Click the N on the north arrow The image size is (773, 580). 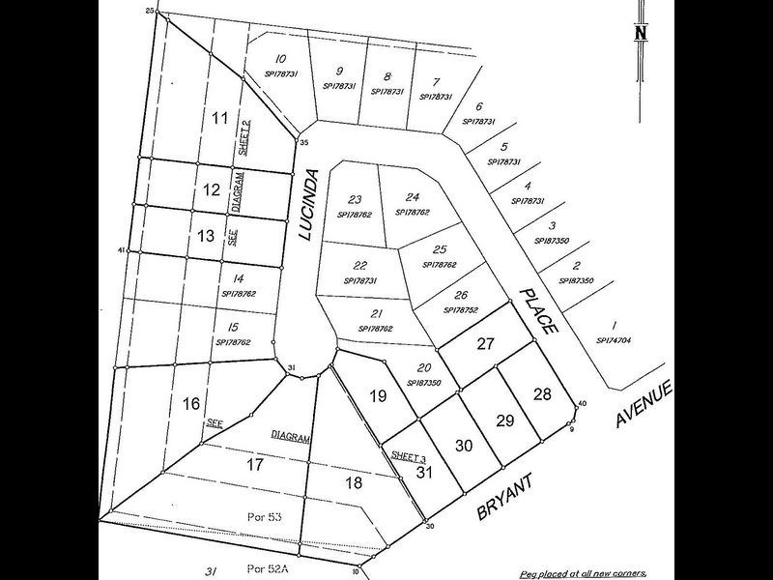coord(640,32)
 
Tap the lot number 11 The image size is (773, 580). coord(219,118)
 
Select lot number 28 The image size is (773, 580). coord(542,394)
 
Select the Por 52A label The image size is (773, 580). coord(264,566)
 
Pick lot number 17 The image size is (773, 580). coord(255,464)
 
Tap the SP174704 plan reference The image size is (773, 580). coord(614,340)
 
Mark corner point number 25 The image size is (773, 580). coord(150,10)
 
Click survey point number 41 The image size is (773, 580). coord(122,251)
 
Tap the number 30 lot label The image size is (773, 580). coord(464,446)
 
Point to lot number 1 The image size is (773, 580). coord(614,326)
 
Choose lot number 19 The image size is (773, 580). coord(379,395)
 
